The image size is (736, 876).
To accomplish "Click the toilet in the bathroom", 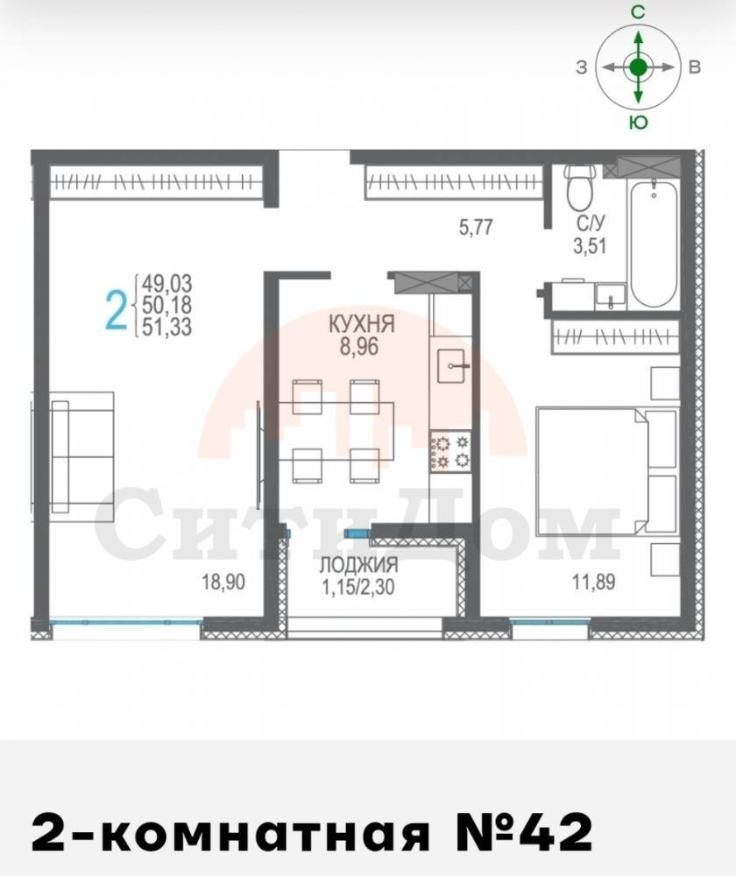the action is (578, 187).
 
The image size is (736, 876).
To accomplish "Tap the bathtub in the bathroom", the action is (654, 242).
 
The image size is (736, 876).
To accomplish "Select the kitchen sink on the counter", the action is (451, 366).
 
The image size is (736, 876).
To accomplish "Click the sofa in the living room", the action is (82, 451).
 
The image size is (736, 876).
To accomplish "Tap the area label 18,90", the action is (223, 583).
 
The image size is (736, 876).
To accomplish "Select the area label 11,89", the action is (593, 583).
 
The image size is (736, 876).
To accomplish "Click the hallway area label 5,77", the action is (476, 227).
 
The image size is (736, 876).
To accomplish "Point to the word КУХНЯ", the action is (361, 324).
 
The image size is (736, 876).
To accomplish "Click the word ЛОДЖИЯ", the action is (358, 565).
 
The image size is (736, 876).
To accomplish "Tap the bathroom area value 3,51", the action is (590, 245).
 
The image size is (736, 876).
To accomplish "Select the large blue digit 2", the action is (117, 311).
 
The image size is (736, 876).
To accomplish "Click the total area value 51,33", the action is (166, 327).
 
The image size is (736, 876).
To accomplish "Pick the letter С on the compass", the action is (638, 11).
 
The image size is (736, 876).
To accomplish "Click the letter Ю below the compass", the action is (638, 122).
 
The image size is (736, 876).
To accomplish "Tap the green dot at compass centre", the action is (638, 67).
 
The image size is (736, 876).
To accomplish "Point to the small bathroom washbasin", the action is (610, 294).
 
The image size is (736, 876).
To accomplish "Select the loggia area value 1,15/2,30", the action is (358, 586).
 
